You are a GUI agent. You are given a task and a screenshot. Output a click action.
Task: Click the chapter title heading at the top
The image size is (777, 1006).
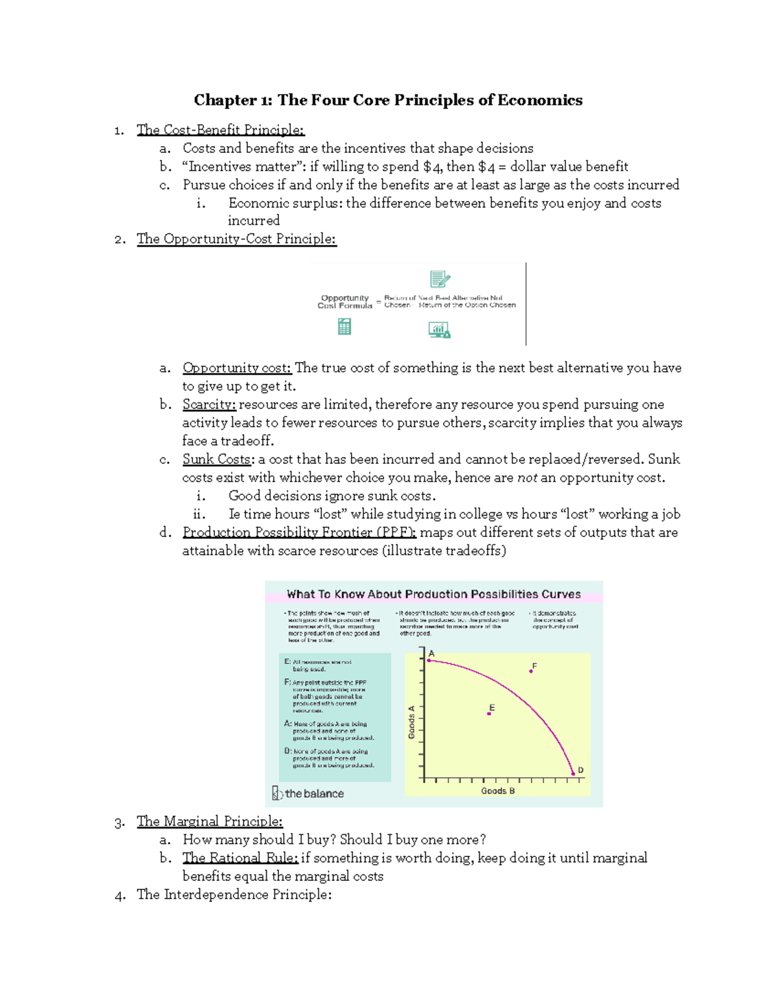click(388, 100)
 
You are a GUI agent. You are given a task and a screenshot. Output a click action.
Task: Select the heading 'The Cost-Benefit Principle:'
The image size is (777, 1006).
click(220, 130)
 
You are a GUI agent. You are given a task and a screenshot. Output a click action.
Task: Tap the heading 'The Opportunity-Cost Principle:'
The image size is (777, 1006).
click(236, 239)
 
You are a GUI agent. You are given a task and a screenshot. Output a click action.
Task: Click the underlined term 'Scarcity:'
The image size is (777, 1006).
click(209, 405)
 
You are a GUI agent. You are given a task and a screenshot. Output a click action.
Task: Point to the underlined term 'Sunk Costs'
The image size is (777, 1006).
click(216, 459)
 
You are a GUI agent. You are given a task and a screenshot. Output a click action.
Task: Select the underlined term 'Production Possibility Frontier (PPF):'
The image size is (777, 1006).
click(299, 532)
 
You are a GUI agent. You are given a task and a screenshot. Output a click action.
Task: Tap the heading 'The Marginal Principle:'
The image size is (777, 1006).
click(209, 821)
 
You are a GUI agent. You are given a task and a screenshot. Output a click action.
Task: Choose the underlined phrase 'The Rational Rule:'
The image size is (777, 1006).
click(240, 858)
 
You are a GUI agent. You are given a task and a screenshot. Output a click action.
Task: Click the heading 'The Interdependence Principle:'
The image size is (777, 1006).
click(234, 895)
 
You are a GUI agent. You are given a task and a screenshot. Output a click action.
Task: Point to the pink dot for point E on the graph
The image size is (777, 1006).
click(489, 714)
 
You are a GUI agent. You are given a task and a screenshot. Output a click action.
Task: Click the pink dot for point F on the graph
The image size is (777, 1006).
click(531, 671)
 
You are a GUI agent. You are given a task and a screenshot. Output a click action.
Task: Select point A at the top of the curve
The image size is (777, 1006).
click(429, 660)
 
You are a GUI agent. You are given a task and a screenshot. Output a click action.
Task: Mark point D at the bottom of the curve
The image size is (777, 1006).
click(573, 773)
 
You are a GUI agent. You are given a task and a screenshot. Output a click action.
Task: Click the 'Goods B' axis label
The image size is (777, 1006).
click(498, 791)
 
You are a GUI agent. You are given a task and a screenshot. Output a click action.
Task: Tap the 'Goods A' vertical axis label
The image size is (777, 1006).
click(411, 722)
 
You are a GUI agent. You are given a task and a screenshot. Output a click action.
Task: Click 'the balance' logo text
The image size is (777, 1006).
click(314, 794)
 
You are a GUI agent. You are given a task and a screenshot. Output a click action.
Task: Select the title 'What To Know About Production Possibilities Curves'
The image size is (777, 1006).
click(434, 594)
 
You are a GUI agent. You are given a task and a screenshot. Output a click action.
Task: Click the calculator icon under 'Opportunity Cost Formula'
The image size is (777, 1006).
click(344, 327)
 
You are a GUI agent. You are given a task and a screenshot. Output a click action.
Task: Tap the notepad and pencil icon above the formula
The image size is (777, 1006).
click(440, 279)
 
